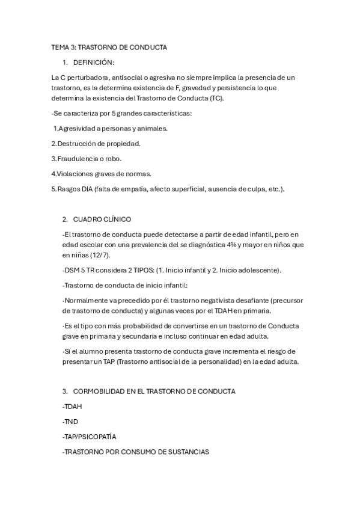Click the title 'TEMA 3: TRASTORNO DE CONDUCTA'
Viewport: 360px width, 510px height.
pos(109,47)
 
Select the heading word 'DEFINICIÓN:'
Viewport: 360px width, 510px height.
pos(93,63)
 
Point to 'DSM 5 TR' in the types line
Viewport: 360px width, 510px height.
pos(79,269)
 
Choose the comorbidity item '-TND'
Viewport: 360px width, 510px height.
pos(70,422)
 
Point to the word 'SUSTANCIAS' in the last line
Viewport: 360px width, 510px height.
pos(188,452)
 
